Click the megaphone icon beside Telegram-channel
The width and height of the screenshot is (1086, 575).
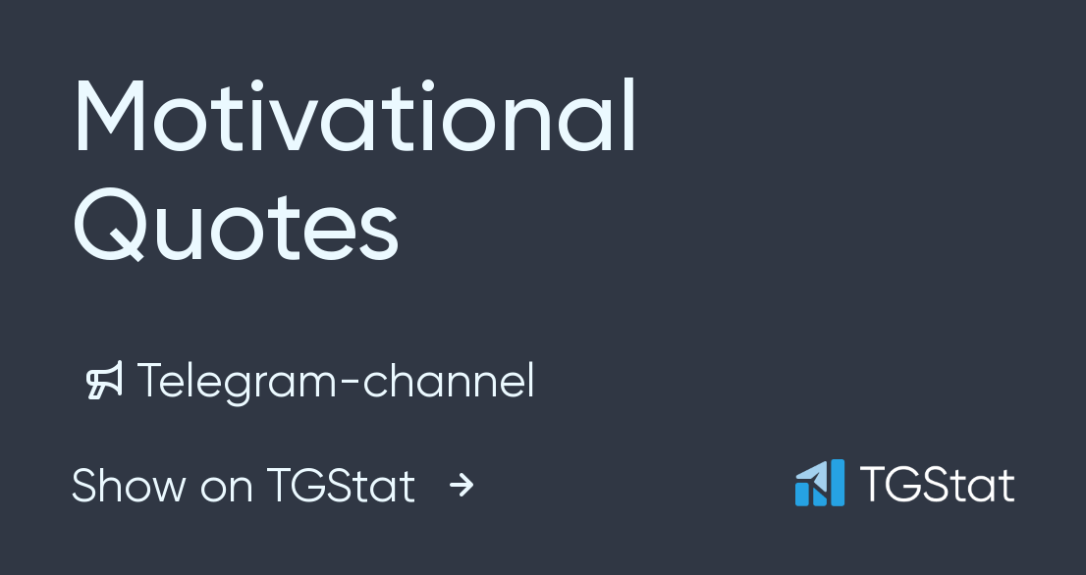(x=104, y=382)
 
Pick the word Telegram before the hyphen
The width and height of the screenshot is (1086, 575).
(x=235, y=382)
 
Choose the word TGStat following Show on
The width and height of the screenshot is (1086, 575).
(x=341, y=486)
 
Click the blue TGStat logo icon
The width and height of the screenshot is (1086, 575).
(x=819, y=483)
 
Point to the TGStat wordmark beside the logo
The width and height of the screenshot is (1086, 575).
(x=937, y=485)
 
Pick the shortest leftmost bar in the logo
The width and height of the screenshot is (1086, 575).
(x=801, y=496)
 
